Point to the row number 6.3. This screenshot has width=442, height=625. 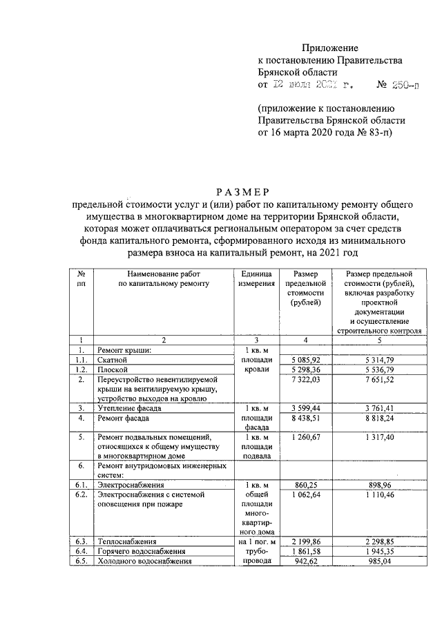[81, 541]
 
